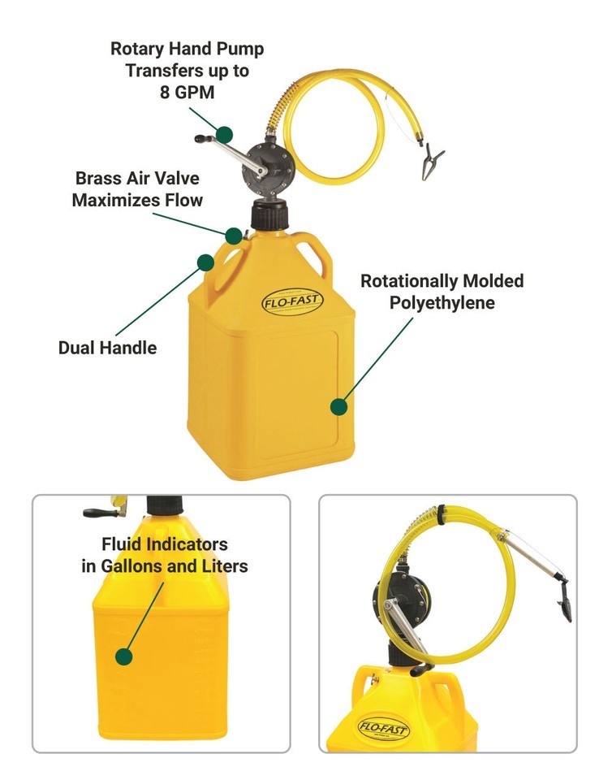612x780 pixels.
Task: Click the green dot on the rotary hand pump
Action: coord(225,134)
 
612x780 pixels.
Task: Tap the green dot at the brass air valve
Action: coord(234,236)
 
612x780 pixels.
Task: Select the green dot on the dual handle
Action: coord(205,262)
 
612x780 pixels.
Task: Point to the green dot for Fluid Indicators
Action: coord(124,656)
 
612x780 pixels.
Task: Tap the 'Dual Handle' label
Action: coord(107,348)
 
